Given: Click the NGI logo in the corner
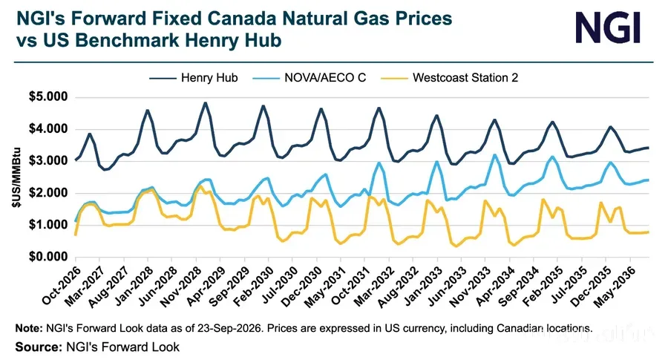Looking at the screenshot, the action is (608, 27).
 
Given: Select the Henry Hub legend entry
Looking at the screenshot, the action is (194, 78).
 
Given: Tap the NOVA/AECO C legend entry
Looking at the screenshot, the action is (309, 78).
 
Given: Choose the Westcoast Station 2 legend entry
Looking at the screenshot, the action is (450, 78).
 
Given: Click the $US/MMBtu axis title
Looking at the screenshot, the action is (16, 177).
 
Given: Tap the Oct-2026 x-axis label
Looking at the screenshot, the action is (62, 285).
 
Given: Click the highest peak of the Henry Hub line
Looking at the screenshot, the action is (206, 102).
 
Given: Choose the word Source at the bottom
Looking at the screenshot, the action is (39, 347).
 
